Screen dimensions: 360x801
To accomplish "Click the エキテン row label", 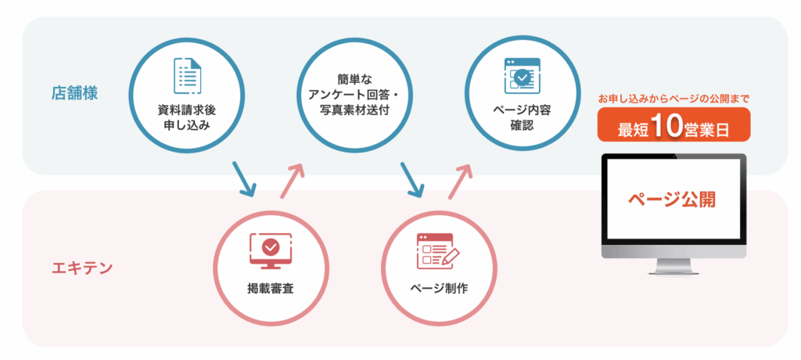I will [x=82, y=268].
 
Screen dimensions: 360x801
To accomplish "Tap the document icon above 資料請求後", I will [x=187, y=76].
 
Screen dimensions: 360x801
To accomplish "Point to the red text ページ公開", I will [x=673, y=199].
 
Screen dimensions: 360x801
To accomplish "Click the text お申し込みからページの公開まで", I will [x=673, y=99].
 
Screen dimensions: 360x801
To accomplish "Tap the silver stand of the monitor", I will [x=673, y=269].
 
